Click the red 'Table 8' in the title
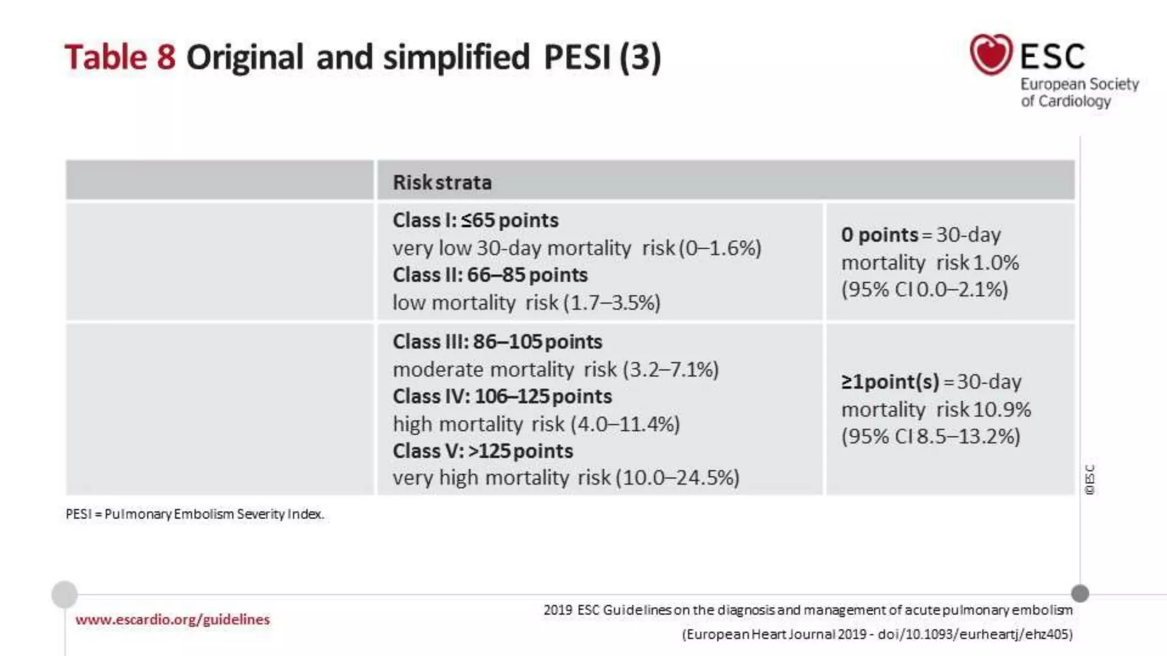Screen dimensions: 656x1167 point(120,58)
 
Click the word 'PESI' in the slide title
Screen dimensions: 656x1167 point(577,58)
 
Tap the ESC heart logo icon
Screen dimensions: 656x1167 point(991,54)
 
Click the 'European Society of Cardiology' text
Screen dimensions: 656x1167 point(1079,92)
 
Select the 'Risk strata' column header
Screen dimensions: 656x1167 point(442,182)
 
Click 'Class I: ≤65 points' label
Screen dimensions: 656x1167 point(475,220)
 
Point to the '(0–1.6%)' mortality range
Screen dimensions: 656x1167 point(720,248)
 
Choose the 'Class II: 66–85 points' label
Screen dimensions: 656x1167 point(489,275)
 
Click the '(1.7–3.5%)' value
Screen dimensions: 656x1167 point(611,302)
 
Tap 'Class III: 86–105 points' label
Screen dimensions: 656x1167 point(497,342)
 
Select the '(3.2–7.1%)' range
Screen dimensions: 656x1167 point(671,370)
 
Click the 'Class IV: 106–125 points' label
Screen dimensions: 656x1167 point(502,396)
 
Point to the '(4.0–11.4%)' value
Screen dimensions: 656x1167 point(625,424)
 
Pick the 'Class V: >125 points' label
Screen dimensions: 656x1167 point(482,451)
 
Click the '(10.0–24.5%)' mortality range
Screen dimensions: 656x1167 point(678,478)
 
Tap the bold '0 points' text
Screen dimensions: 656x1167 point(879,235)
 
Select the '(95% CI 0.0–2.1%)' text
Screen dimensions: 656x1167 point(924,289)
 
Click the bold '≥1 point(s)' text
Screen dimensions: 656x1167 point(889,382)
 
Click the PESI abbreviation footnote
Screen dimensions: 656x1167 point(194,514)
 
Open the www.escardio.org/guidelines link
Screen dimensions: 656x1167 point(172,620)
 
